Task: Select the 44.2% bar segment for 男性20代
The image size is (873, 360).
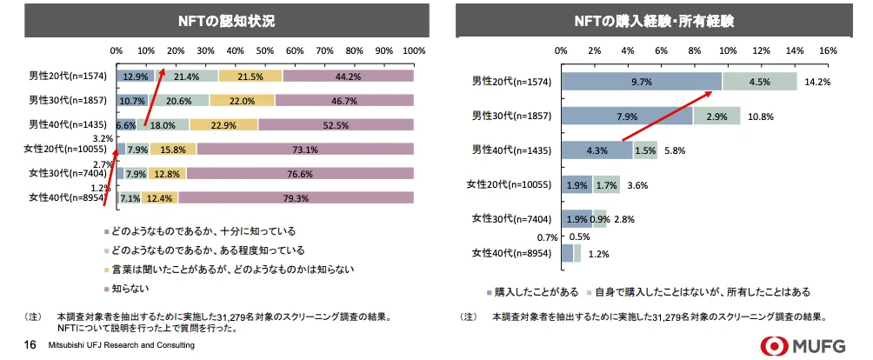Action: tap(348, 77)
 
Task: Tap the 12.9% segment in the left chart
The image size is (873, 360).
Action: tap(136, 77)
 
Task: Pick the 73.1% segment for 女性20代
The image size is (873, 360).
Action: tap(304, 150)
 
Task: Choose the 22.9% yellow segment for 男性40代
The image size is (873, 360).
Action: tap(223, 125)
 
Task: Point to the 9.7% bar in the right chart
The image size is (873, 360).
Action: tap(642, 82)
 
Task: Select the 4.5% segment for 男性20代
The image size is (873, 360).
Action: tap(759, 82)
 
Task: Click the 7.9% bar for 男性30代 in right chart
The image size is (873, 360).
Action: tap(627, 116)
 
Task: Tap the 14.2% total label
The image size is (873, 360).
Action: tap(817, 82)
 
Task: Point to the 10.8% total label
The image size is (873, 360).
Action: tap(760, 116)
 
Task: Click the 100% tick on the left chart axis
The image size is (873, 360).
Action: tap(413, 50)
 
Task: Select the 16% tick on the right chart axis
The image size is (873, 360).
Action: tap(827, 50)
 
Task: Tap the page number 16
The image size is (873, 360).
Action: tap(29, 345)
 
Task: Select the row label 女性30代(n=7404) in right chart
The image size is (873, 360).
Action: tap(510, 218)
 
